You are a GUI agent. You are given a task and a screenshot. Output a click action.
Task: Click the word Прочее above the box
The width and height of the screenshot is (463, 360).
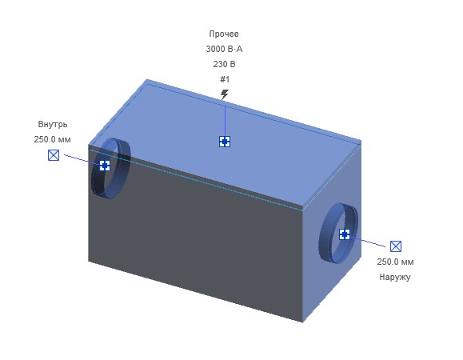[224, 34]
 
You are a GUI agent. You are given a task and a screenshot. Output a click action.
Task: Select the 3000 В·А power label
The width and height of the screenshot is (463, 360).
[224, 49]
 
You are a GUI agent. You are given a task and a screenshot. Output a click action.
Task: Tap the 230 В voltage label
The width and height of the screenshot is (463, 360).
[224, 64]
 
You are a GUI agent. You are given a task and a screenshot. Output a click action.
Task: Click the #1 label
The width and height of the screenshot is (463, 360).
[225, 79]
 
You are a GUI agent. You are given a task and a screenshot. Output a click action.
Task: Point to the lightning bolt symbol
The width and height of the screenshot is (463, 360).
[225, 94]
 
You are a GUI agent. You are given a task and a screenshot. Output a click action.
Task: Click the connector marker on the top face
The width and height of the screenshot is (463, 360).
[225, 142]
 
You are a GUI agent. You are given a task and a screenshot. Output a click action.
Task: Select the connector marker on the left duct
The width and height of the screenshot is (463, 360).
[105, 166]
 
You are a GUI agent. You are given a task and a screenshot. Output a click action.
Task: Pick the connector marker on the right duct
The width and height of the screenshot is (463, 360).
[345, 234]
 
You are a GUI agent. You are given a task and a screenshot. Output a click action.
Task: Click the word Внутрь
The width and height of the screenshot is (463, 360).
[53, 124]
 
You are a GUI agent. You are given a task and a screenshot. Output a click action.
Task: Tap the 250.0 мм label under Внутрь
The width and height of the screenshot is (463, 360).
[52, 139]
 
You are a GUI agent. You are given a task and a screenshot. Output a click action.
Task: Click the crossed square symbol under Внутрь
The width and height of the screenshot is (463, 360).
[54, 155]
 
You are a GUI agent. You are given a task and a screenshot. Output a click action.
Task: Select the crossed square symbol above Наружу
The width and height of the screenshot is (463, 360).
[396, 246]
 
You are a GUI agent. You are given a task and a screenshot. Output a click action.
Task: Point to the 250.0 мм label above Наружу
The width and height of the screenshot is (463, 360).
[395, 262]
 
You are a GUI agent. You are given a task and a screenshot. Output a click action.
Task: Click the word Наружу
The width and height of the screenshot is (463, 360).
[395, 277]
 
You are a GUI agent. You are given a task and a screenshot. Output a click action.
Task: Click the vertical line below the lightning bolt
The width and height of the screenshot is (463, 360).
[225, 118]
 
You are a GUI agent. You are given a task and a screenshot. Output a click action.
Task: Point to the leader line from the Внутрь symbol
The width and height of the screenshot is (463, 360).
[82, 159]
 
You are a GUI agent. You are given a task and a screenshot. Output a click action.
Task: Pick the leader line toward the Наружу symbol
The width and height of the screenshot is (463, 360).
[368, 242]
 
